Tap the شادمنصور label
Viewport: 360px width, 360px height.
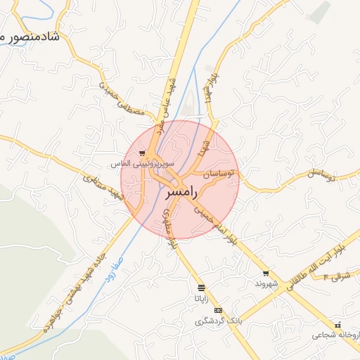pos(28,35)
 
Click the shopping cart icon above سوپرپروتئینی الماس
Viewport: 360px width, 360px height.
pos(142,153)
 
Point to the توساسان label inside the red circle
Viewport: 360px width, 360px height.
pos(219,172)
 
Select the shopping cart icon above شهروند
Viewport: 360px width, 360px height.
pos(266,274)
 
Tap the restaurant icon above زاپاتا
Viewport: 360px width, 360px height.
pos(202,287)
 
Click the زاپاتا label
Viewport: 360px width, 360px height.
pos(202,297)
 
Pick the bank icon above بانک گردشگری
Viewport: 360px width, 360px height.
pos(218,310)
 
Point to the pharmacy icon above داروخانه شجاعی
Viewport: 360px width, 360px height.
pos(339,325)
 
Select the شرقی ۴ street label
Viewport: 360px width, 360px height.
pos(336,276)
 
